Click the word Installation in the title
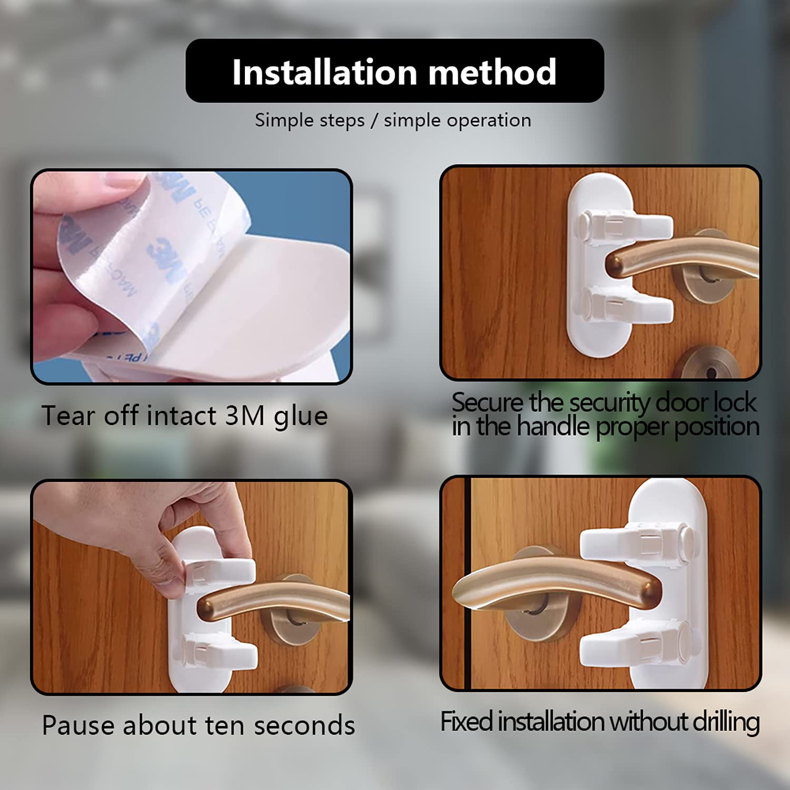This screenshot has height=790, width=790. tap(323, 72)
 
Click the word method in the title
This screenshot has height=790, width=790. tap(492, 72)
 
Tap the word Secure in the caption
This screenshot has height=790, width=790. tap(488, 403)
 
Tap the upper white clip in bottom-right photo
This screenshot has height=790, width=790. tap(637, 542)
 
